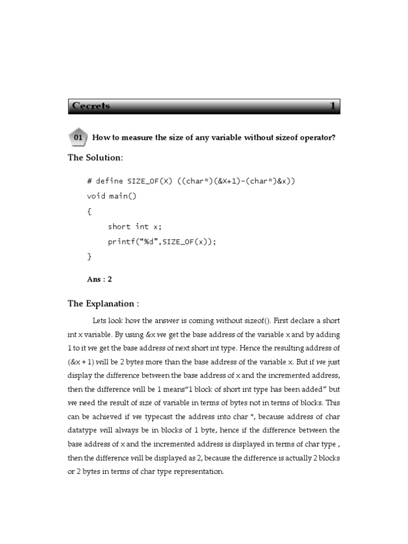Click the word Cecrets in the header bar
pyautogui.click(x=91, y=106)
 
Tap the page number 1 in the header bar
pyautogui.click(x=333, y=106)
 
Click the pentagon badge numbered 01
pyautogui.click(x=78, y=138)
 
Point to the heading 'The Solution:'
pyautogui.click(x=96, y=158)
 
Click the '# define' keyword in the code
pyautogui.click(x=105, y=181)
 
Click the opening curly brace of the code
pyautogui.click(x=89, y=211)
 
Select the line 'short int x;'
pyautogui.click(x=134, y=226)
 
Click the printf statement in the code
pyautogui.click(x=163, y=242)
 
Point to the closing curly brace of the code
pyautogui.click(x=89, y=257)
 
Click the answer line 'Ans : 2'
pyautogui.click(x=99, y=279)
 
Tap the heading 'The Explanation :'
pyautogui.click(x=103, y=304)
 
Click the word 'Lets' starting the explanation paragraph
pyautogui.click(x=100, y=321)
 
